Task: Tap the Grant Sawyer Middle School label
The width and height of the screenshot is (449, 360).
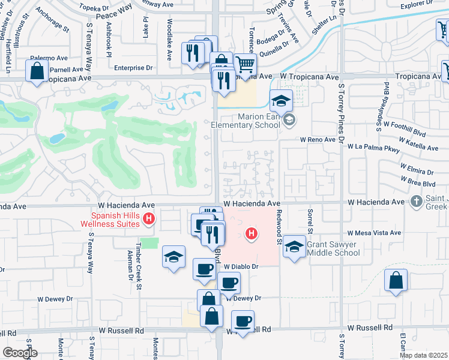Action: click(x=333, y=248)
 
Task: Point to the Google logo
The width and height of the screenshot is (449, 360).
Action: click(x=19, y=353)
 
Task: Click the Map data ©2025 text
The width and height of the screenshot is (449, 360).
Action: click(x=423, y=355)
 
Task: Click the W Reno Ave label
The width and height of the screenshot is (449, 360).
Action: click(x=318, y=139)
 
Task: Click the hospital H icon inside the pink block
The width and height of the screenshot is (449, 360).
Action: click(x=252, y=233)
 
